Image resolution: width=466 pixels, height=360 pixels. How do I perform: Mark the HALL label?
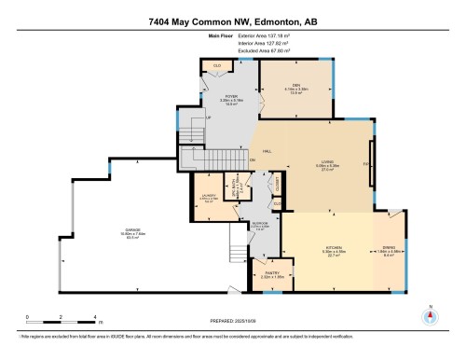pyautogui.click(x=266, y=150)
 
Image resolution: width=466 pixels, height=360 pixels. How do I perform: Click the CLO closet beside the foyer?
pyautogui.click(x=217, y=64)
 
